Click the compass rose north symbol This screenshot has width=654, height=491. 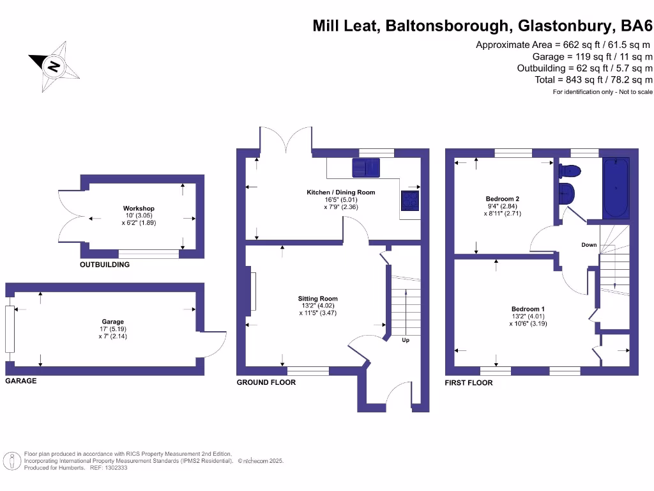[x=55, y=65]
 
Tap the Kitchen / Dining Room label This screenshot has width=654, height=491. [x=341, y=192]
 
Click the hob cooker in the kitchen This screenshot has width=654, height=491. [x=410, y=201]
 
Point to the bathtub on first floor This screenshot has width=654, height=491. [x=616, y=188]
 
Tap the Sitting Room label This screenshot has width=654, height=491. [x=317, y=299]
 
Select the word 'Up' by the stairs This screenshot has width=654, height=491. [x=406, y=340]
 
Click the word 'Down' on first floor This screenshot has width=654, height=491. [x=589, y=245]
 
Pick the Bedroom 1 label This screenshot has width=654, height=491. [x=528, y=309]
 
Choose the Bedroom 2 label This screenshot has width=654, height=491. [x=503, y=199]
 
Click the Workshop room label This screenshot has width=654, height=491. [x=139, y=208]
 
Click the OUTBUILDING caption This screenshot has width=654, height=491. [x=105, y=265]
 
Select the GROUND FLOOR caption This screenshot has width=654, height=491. [x=266, y=382]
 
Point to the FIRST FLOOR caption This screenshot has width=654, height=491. [x=469, y=382]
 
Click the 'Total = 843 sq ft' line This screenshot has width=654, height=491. [x=593, y=80]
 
